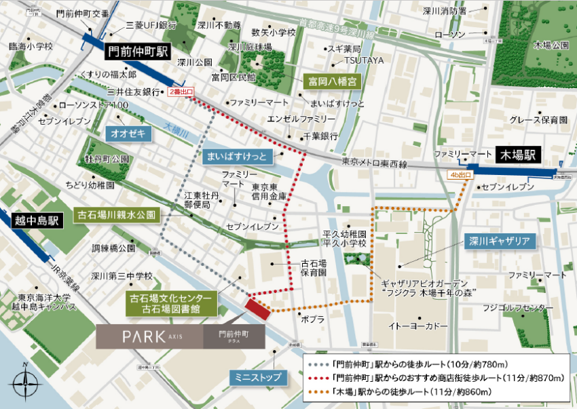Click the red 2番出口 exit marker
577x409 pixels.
(181, 91)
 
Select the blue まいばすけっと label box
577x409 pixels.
(238, 157)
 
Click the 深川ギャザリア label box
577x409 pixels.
(498, 240)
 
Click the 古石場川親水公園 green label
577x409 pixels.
(116, 215)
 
